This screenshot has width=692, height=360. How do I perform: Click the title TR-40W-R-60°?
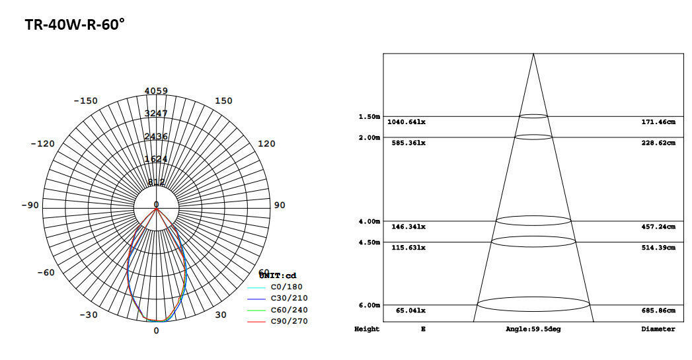pos(75,25)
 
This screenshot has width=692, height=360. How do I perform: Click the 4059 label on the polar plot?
pos(156,91)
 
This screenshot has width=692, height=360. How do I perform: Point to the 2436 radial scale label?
pos(156,137)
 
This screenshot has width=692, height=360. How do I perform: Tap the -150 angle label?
pos(85,101)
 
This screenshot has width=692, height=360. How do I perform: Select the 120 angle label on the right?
pos(266,144)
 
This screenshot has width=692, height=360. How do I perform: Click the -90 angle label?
pos(30,205)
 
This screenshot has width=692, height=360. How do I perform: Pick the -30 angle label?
pos(88,315)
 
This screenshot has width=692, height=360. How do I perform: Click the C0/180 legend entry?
pos(288,287)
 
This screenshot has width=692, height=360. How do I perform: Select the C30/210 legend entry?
pos(289,299)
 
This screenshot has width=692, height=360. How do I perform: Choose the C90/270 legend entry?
pos(289,321)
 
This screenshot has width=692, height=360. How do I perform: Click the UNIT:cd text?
pos(278,275)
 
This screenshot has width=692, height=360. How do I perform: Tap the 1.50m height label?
pos(369,117)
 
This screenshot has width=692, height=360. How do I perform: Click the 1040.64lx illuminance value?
pos(406,122)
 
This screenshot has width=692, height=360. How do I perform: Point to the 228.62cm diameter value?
pos(658,143)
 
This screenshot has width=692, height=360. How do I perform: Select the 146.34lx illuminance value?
pos(408,227)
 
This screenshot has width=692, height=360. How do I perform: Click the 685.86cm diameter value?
pos(658,310)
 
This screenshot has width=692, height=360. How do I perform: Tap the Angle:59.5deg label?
pos(533,329)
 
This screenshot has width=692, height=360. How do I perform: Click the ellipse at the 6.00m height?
pos(533,305)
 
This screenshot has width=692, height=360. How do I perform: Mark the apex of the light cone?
pos(533,54)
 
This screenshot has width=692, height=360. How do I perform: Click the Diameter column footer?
pos(658,329)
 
